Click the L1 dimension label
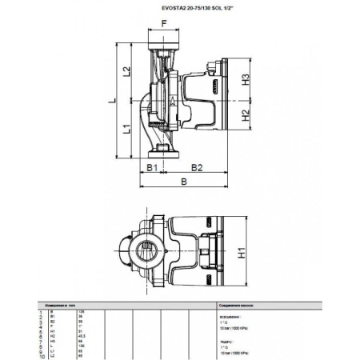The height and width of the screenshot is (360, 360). (x=126, y=130)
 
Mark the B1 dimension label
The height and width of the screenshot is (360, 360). (x=150, y=167)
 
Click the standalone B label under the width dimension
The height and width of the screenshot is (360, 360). (x=185, y=183)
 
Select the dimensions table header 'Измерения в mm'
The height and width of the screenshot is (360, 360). (x=65, y=306)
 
